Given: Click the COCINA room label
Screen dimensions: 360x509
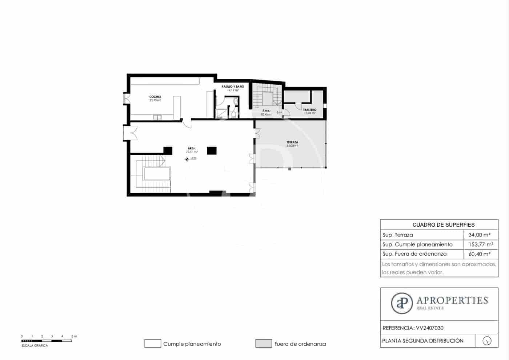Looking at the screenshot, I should (155, 97).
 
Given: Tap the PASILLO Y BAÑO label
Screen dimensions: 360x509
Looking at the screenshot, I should (233, 87).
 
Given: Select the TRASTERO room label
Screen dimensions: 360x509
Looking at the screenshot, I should (309, 110).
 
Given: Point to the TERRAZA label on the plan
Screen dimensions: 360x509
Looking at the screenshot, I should (292, 142).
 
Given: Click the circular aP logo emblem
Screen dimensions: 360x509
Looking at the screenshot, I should (402, 303).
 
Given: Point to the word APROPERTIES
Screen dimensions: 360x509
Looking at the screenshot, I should (452, 300).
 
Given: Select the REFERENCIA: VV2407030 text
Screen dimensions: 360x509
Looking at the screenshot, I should (413, 328).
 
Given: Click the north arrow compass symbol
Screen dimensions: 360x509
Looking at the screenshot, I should (487, 341).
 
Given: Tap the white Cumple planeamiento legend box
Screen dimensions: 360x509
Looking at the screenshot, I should (153, 344).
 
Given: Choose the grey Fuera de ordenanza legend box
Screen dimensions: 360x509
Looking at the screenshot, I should (264, 344).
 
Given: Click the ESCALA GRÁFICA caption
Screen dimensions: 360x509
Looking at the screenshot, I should (35, 345).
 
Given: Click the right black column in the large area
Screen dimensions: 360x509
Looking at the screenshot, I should (212, 150).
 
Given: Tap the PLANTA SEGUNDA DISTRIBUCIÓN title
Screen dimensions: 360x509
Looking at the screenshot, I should (423, 341).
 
